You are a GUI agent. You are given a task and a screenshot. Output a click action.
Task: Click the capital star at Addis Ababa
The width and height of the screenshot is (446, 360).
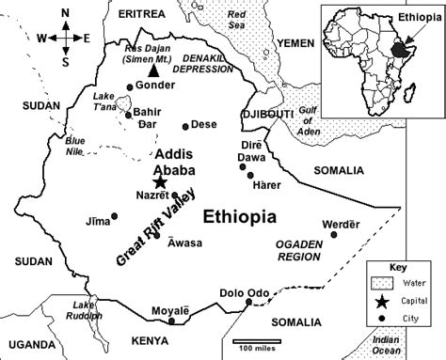pos(159,182)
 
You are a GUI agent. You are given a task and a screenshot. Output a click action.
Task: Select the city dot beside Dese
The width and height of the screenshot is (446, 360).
pos(183,124)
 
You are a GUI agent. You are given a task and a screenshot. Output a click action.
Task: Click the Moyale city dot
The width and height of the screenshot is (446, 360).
pos(171,321)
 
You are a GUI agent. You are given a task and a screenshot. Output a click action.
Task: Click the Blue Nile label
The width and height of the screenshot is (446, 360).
pos(77,146)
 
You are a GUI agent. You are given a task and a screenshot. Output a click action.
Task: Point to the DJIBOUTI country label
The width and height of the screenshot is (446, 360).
pos(266,114)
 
